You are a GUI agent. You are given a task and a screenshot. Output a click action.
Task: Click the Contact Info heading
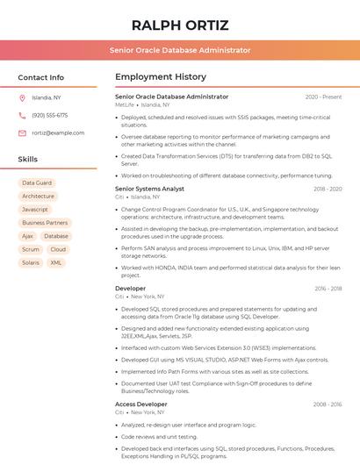[40, 77]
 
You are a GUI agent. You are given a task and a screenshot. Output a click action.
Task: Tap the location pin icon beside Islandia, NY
[22, 97]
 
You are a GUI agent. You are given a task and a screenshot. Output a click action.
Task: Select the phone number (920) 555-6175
[49, 115]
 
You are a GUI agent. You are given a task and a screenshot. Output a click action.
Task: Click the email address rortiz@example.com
[58, 132]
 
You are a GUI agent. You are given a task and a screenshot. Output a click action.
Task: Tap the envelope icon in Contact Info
[22, 132]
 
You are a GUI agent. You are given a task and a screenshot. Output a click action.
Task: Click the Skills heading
[28, 159]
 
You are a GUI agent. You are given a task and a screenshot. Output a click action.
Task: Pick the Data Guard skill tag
[37, 182]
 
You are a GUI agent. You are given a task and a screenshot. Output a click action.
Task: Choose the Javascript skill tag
[35, 210]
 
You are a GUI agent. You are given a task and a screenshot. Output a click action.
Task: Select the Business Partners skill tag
[45, 223]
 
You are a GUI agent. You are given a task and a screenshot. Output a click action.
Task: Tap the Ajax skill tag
[27, 236]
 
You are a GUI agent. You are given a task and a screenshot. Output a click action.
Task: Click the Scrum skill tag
[31, 249]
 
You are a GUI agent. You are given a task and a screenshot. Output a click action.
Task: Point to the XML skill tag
[56, 262]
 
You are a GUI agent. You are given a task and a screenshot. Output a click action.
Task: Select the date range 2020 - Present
[323, 97]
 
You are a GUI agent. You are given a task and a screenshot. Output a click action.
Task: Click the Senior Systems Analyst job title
[149, 189]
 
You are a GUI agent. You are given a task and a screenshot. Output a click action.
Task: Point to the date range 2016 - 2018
[328, 288]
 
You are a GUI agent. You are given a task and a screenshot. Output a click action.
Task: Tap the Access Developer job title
[140, 404]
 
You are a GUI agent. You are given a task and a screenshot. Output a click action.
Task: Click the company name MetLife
[125, 104]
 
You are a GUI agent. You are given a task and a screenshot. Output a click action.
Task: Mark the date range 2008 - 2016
[328, 404]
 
